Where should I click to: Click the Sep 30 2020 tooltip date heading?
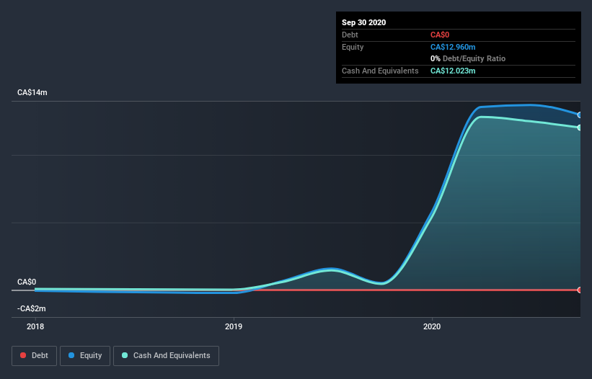pos(364,22)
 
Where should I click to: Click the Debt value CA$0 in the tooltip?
pos(441,35)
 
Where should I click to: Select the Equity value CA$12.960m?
pos(453,47)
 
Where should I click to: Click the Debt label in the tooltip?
pos(350,35)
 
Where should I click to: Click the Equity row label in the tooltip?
pos(353,47)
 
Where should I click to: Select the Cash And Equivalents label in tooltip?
pos(380,71)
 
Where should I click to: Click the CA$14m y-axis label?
pos(32,93)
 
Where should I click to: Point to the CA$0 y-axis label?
pos(27,282)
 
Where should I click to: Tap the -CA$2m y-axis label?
pos(31,308)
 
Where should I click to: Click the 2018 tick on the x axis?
pos(35,326)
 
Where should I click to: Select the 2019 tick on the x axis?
pos(234,326)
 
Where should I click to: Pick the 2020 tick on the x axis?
pos(432,326)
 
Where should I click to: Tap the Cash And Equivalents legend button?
pos(166,355)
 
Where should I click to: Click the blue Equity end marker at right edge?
pos(580,115)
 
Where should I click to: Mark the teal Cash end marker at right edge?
pos(580,128)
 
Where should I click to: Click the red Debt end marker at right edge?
pos(580,290)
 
